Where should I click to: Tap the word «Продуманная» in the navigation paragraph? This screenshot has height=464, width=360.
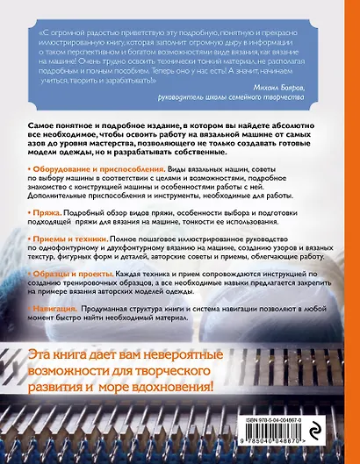pos(123,311)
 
